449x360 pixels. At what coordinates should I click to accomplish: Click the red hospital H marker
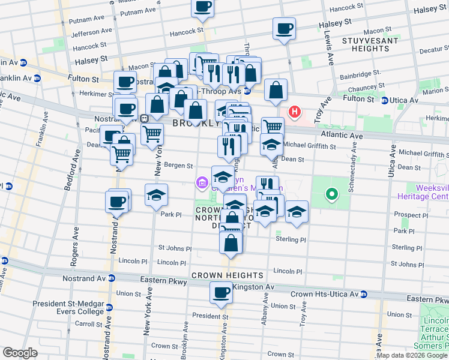click(295, 112)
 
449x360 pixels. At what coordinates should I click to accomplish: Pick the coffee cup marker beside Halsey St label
click(284, 28)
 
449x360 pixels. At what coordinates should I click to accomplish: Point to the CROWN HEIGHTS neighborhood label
click(227, 275)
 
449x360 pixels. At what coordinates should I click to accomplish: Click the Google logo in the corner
click(20, 353)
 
